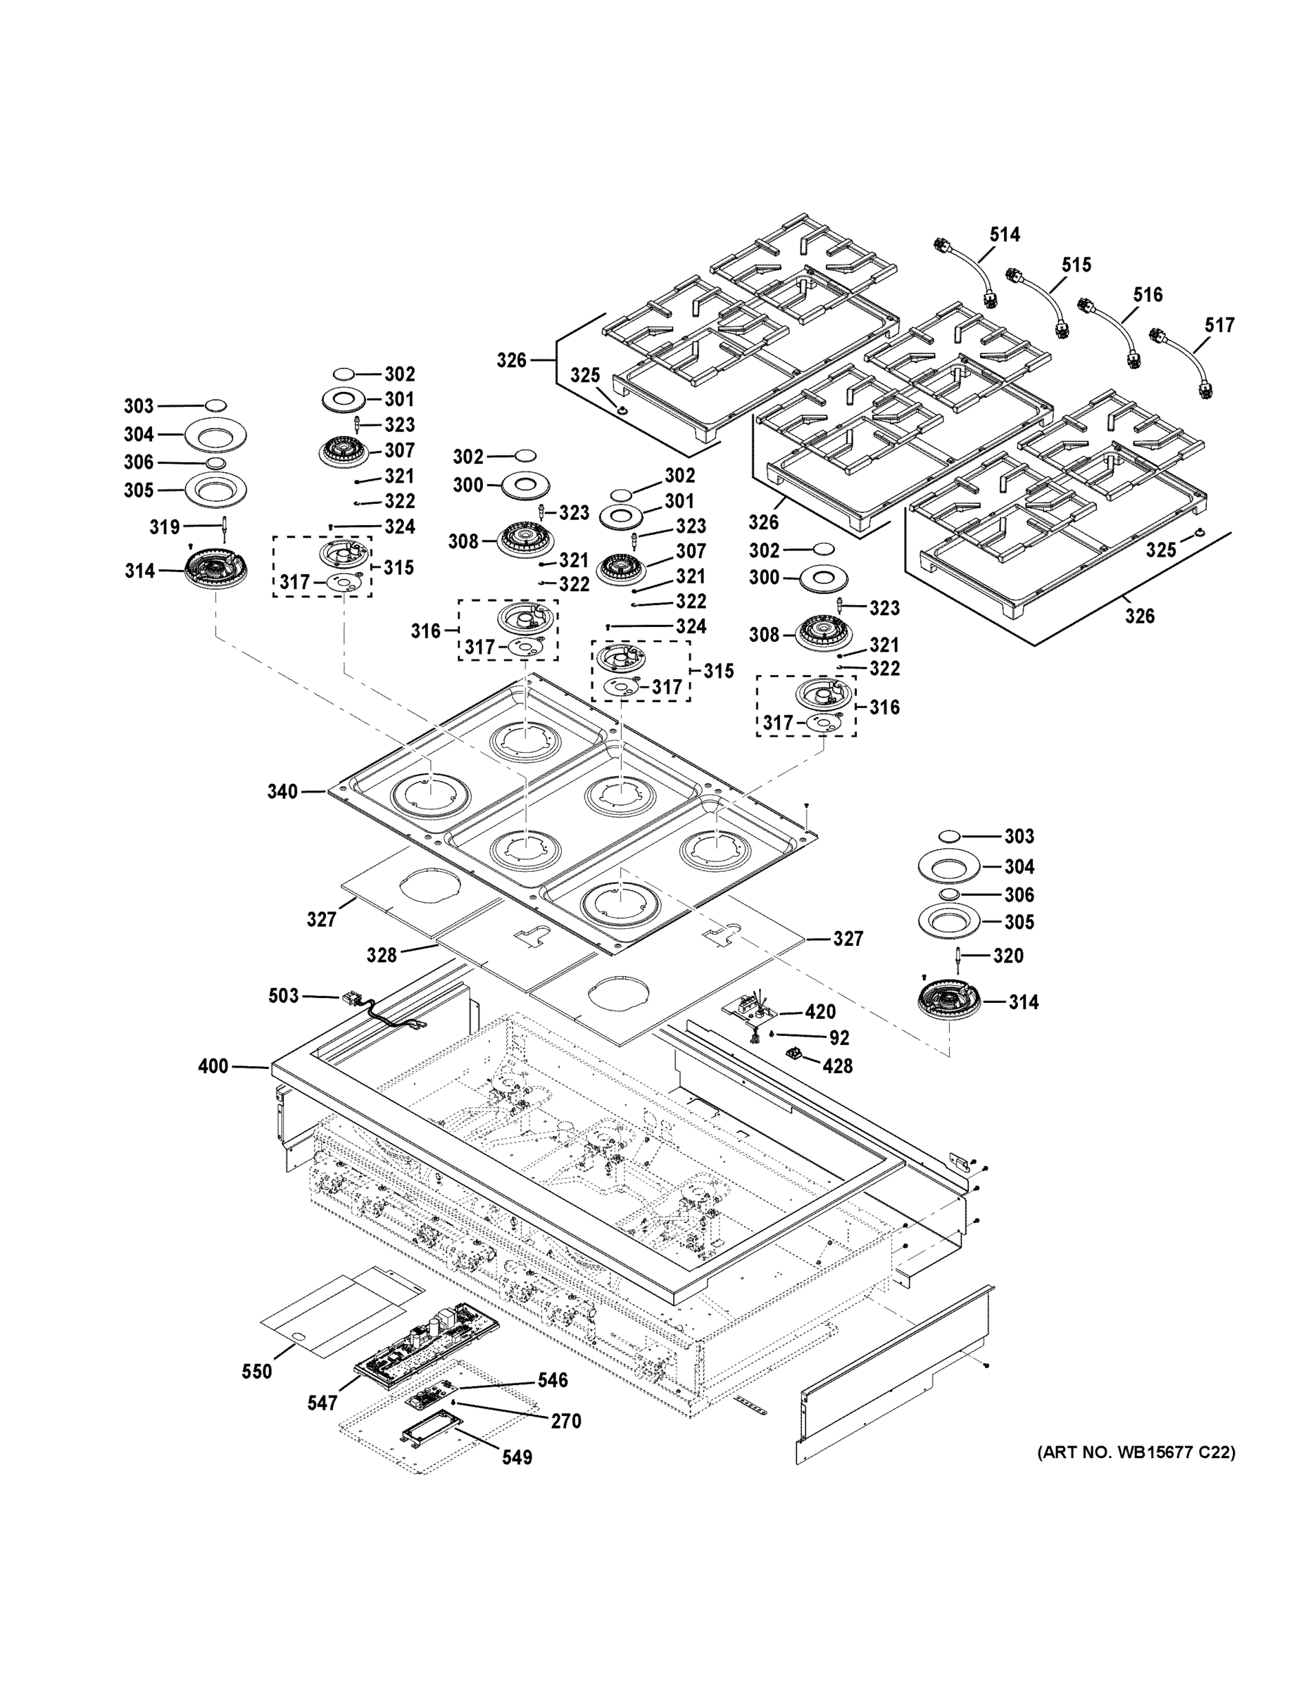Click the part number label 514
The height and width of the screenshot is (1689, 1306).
pos(1004,234)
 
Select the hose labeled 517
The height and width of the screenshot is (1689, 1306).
pos(1183,362)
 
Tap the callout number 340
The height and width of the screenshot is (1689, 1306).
pos(282,791)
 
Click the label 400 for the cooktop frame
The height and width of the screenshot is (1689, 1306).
pos(213,1066)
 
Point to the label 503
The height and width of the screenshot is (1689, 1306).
pos(283,995)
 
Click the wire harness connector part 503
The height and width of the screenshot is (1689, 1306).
pos(358,1001)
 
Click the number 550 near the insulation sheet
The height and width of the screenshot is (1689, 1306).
pos(257,1371)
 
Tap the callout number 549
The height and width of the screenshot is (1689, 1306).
pos(517,1457)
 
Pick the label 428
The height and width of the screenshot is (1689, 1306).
pos(837,1066)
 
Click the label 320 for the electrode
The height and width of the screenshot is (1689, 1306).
pos(1008,956)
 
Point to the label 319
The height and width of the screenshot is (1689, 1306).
pos(164,527)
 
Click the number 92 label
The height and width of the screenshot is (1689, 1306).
pos(839,1038)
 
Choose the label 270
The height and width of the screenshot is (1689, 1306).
pos(565,1421)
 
